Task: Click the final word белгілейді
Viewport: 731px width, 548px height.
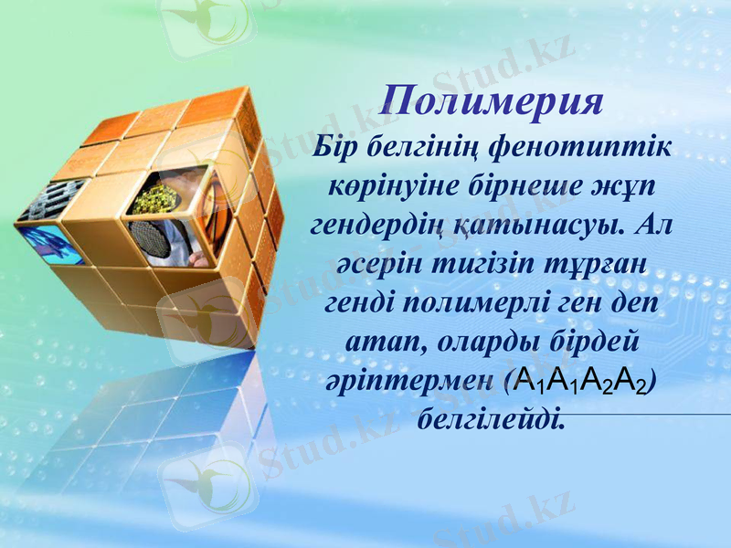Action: [492, 420]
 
